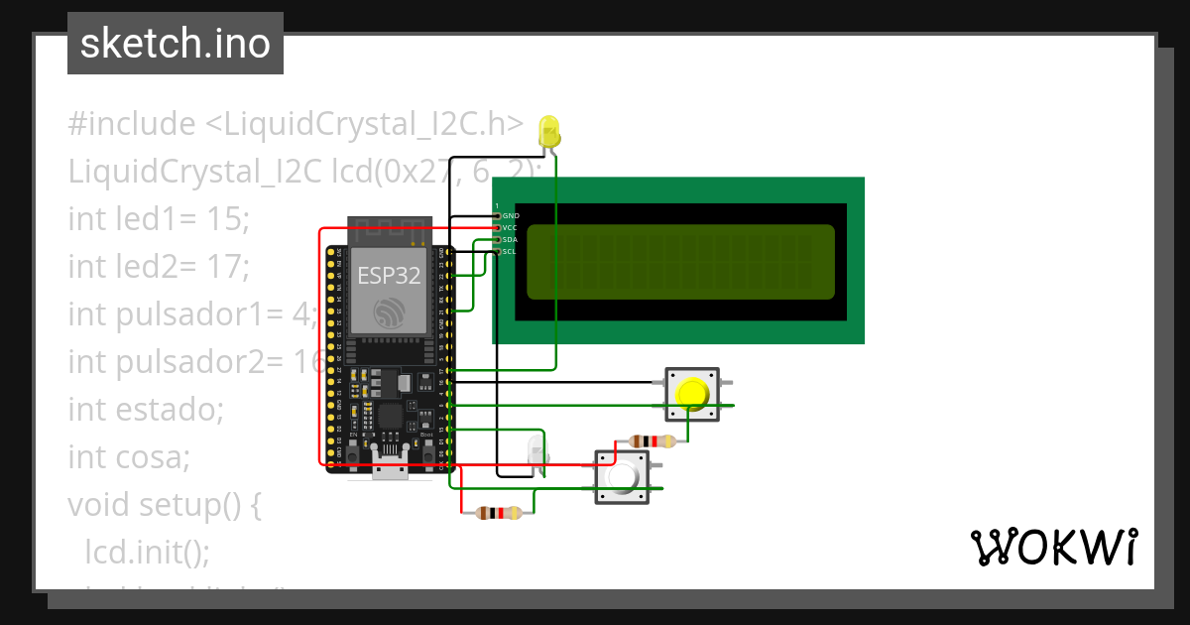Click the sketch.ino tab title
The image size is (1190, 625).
(x=175, y=44)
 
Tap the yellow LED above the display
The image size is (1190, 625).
(x=548, y=131)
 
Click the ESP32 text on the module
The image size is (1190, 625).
(x=389, y=277)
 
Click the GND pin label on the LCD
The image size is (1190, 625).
(x=511, y=215)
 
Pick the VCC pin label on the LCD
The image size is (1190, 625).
(x=511, y=227)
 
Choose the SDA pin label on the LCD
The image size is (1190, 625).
(x=511, y=239)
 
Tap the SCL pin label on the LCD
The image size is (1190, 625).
(x=510, y=251)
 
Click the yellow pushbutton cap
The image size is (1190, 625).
(x=692, y=394)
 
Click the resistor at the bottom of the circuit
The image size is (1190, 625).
(x=498, y=513)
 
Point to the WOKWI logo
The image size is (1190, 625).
(x=1052, y=547)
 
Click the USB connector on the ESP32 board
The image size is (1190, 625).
(x=390, y=472)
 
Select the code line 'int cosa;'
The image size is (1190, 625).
(x=128, y=457)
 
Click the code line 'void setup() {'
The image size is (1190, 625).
(x=164, y=505)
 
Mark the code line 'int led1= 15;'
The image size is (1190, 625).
(x=158, y=219)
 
